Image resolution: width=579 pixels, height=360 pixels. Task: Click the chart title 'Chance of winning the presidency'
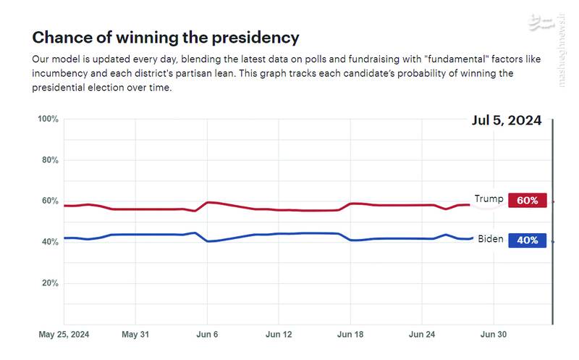coord(166,38)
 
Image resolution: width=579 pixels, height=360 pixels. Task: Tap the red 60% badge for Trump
coord(527,201)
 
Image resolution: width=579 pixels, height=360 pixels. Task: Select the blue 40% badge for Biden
coord(527,240)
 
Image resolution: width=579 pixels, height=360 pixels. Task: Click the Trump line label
coord(489,199)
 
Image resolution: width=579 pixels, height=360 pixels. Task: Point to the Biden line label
coord(491,239)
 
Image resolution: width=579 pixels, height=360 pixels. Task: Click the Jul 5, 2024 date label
coord(507,121)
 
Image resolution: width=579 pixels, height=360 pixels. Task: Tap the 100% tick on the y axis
coord(48,119)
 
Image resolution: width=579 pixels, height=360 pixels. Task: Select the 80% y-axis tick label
coord(49,160)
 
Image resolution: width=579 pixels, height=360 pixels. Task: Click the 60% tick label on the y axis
coord(49,201)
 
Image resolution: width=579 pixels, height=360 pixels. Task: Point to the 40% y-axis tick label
coord(49,242)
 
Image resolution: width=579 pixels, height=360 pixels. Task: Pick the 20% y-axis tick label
coord(49,283)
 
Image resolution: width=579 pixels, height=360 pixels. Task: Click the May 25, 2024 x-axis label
coord(64,335)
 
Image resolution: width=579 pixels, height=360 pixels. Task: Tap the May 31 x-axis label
coord(135,335)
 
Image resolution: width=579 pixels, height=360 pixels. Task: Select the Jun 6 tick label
coord(207,335)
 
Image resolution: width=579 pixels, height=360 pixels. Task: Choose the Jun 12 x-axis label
coord(279,335)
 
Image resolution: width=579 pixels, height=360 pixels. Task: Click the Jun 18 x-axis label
coord(350,335)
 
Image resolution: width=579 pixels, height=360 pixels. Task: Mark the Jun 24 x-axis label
coord(422,335)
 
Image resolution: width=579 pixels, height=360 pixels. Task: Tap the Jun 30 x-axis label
coord(494,335)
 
